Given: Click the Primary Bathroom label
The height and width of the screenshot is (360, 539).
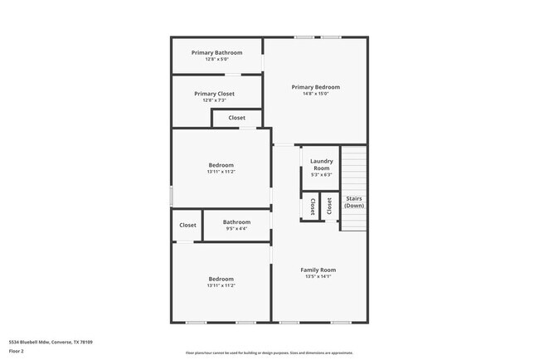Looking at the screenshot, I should tap(216, 53).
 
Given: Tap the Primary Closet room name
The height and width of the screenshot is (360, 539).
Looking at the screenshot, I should tap(214, 94).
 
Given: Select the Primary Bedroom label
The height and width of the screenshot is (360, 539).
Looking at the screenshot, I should tap(315, 87).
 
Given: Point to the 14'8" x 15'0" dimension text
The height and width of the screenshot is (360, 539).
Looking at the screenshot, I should tap(315, 94).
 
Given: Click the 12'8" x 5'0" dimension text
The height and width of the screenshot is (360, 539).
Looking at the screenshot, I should tap(216, 60).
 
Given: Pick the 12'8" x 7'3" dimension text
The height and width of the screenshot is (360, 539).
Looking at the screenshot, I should tap(214, 100).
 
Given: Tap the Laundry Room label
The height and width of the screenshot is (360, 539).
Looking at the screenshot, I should tap(321, 164).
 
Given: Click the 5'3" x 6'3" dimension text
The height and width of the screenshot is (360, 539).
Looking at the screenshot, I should tap(321, 175).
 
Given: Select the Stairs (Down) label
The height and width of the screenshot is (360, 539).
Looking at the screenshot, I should tap(353, 202).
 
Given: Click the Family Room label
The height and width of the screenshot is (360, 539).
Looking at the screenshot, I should tap(318, 270).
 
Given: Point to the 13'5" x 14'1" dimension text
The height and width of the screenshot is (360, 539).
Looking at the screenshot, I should tap(318, 277).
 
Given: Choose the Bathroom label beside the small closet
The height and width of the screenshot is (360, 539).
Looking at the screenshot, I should tap(236, 221).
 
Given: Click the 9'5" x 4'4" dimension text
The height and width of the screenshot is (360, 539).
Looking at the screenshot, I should tap(236, 228).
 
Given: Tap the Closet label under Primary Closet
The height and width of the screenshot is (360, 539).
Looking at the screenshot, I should tap(237, 118).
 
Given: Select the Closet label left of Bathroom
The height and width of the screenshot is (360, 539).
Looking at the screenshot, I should tap(187, 225).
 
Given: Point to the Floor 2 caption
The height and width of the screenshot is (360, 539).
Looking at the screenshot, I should tap(17, 351).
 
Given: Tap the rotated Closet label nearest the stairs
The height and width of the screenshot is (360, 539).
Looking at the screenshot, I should tap(329, 206).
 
